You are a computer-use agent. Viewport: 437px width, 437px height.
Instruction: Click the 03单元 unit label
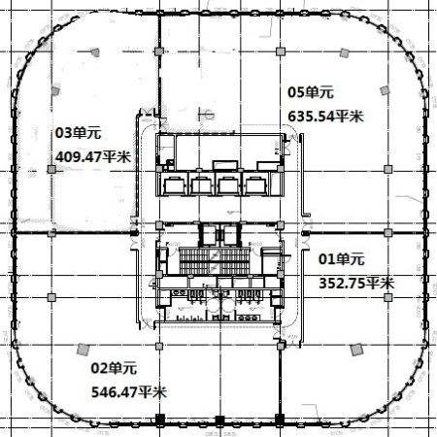(x=79, y=133)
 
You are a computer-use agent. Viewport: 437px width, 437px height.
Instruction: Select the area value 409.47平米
(x=93, y=157)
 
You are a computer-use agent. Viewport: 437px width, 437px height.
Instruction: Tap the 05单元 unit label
(x=311, y=92)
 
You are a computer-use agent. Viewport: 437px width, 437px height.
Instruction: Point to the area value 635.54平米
(x=325, y=117)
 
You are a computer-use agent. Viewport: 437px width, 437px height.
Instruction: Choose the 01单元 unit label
(x=342, y=259)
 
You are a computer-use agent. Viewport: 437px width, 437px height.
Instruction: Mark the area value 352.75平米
(x=356, y=284)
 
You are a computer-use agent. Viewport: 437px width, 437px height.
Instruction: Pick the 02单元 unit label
(x=114, y=368)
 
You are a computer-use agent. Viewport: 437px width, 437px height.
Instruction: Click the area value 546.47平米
(x=129, y=392)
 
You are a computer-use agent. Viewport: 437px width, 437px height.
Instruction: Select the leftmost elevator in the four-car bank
(x=175, y=185)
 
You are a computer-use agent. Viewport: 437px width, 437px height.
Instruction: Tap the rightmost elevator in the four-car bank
(x=256, y=185)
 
